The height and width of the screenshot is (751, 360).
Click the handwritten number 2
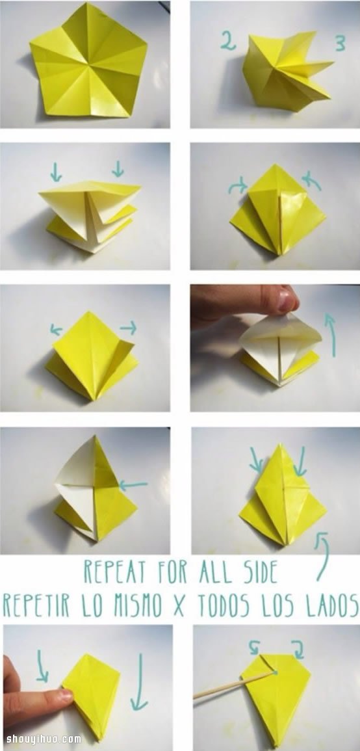228,41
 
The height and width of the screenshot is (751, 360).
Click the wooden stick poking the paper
235,685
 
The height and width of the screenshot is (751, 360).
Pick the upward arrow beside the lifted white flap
330,335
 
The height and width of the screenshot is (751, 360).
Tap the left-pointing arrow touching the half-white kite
133,486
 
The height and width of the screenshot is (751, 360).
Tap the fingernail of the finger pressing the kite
66,696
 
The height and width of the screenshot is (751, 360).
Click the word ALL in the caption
211,572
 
